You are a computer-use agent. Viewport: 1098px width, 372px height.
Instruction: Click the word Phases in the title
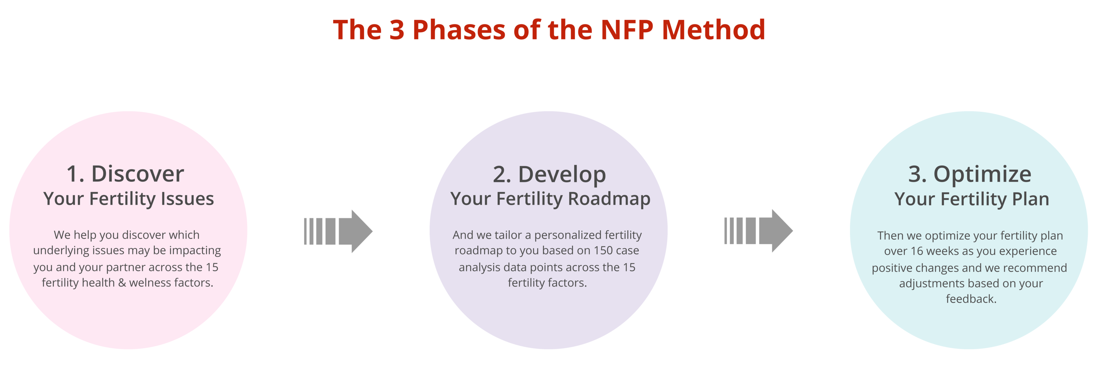click(459, 30)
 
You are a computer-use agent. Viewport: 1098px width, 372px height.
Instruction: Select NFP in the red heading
click(627, 30)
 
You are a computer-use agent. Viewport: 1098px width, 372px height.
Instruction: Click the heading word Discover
click(138, 174)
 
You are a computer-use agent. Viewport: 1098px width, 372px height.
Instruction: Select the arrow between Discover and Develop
click(338, 231)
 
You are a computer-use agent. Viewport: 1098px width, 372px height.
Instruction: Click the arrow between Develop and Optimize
click(758, 231)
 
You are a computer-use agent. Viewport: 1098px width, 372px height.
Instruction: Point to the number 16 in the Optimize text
click(916, 251)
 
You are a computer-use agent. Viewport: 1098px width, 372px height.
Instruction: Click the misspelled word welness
click(151, 283)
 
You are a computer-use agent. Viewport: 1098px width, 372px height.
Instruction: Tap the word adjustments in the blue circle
click(931, 284)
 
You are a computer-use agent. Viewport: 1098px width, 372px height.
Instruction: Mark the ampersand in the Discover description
click(122, 283)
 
